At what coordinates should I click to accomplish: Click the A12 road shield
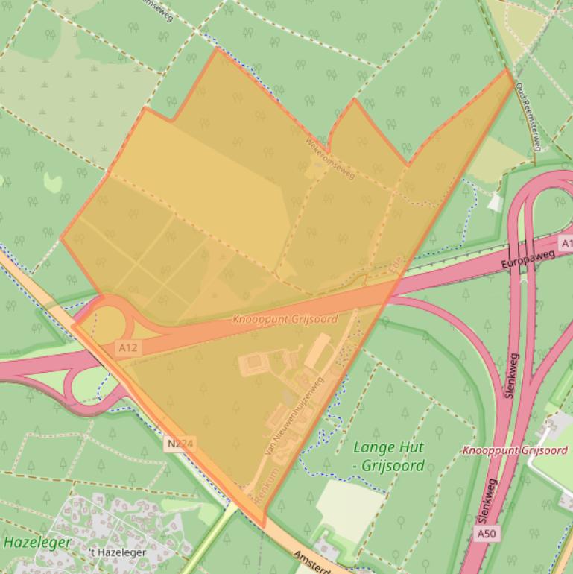(127, 347)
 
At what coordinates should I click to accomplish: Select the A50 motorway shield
(484, 534)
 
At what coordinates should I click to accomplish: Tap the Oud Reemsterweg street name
(527, 116)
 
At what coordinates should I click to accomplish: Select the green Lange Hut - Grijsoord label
(387, 457)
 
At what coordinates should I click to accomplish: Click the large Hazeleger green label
(37, 542)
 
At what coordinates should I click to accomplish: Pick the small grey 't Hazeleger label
(117, 552)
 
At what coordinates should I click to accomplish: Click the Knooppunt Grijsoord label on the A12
(285, 319)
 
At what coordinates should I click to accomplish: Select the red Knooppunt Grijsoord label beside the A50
(514, 450)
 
